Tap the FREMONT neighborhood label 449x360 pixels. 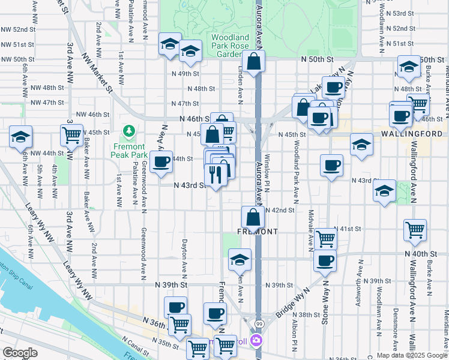pyautogui.click(x=256, y=232)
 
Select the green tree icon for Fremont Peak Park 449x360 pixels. pyautogui.click(x=128, y=131)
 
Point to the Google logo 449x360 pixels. pyautogui.click(x=20, y=353)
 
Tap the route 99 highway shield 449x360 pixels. pyautogui.click(x=259, y=324)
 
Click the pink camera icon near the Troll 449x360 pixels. pyautogui.click(x=257, y=342)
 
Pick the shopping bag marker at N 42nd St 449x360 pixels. pyautogui.click(x=253, y=217)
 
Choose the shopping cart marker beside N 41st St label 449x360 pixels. pyautogui.click(x=325, y=238)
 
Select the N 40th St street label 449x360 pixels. pyautogui.click(x=429, y=254)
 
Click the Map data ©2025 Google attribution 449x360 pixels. pyautogui.click(x=411, y=355)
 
